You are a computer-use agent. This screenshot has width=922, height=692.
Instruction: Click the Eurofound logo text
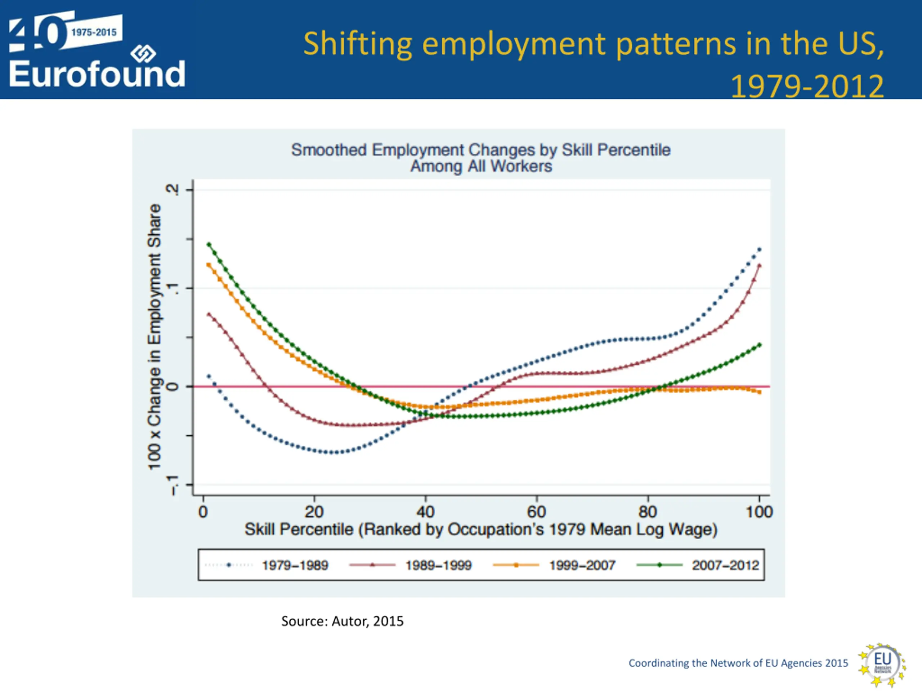point(97,74)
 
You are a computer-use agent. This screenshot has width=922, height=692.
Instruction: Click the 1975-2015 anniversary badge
point(94,32)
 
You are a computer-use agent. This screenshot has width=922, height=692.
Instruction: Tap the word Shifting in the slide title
point(357,44)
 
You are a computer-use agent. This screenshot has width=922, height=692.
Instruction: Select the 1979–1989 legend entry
point(295,565)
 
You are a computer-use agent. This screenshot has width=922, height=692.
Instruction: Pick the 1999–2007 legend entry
point(582,565)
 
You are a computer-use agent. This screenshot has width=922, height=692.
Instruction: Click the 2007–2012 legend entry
point(725,565)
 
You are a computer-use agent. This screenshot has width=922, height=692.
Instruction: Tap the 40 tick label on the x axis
point(425,512)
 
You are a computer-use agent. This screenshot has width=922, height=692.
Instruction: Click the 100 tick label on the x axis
point(759,512)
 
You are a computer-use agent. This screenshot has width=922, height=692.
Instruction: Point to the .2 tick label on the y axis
point(172,190)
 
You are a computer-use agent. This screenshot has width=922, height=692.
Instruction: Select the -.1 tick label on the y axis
point(172,485)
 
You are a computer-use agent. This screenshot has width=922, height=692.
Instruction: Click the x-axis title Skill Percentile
point(480,529)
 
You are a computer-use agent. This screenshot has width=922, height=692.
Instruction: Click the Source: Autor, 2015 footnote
point(342,621)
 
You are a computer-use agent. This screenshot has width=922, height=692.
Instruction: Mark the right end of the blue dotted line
point(760,249)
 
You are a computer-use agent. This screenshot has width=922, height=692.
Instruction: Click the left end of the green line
point(209,244)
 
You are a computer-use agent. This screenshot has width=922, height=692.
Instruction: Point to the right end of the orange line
point(760,392)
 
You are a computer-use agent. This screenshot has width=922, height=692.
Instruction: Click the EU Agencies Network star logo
point(882,664)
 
